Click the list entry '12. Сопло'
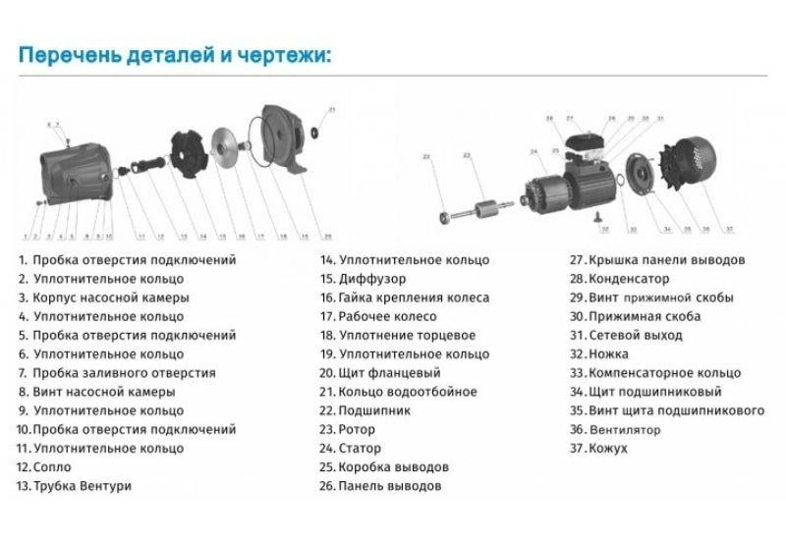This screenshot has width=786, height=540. tap(44, 466)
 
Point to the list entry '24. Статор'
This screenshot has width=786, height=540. tap(358, 448)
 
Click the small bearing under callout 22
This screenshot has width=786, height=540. tap(445, 214)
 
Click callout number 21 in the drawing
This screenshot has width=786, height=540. tap(331, 109)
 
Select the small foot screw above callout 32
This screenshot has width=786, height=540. tap(601, 220)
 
